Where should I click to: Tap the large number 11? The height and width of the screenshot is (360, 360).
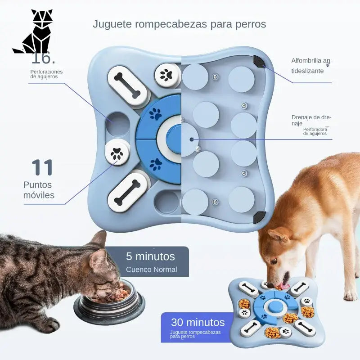click(42, 167)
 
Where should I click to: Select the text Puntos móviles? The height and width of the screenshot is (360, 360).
click(38, 190)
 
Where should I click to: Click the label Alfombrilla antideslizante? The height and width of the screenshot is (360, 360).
click(311, 66)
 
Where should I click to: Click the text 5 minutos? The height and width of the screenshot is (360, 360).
click(150, 256)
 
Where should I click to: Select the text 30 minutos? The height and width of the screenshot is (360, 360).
click(198, 322)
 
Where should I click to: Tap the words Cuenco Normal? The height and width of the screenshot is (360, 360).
click(151, 270)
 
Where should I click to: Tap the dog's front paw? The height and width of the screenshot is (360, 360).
click(350, 295)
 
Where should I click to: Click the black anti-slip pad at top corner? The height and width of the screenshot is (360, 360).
click(259, 61)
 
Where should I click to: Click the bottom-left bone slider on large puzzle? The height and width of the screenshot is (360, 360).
click(128, 192)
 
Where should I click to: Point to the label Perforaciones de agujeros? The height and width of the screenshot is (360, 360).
click(46, 74)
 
